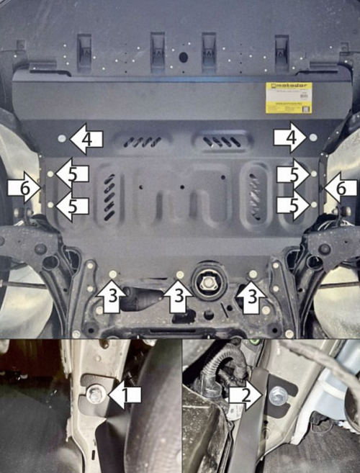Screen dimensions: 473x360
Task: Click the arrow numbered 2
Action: pyautogui.click(x=243, y=394)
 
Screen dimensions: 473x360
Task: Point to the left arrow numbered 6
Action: pyautogui.click(x=22, y=187)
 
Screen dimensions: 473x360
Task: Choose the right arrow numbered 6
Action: pyautogui.click(x=338, y=188)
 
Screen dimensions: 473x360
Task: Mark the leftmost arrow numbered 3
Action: pyautogui.click(x=112, y=297)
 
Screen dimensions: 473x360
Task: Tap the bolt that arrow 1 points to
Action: pyautogui.click(x=94, y=394)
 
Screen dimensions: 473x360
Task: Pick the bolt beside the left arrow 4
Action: pyautogui.click(x=61, y=137)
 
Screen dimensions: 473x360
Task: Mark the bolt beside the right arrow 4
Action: pyautogui.click(x=313, y=137)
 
